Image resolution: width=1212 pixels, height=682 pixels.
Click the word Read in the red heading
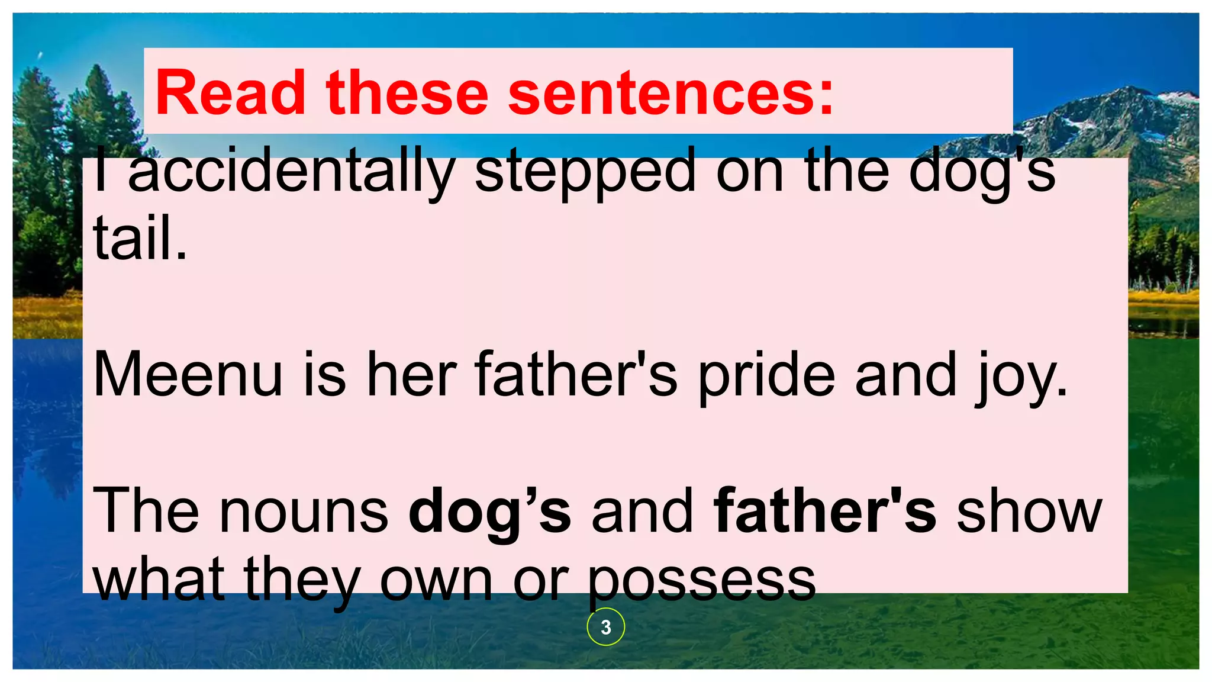[x=230, y=93]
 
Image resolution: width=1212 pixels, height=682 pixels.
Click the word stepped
[x=585, y=172]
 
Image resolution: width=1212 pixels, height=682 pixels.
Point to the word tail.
[x=140, y=238]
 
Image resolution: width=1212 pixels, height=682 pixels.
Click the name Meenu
[x=188, y=375]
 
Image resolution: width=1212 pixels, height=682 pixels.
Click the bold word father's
[x=825, y=510]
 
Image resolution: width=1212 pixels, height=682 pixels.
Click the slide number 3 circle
[x=605, y=627]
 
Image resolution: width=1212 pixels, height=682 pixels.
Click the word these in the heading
[x=407, y=93]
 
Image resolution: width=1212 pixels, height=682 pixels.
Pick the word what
[x=158, y=579]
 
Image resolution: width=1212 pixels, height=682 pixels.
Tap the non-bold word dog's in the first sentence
[x=982, y=172]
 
